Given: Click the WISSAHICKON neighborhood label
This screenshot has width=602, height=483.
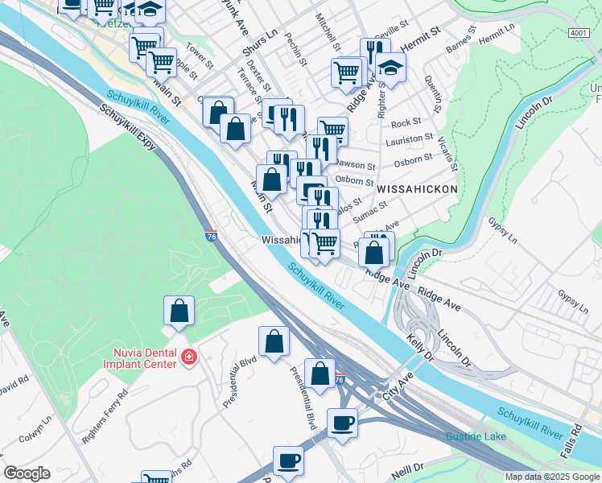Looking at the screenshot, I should [x=417, y=188].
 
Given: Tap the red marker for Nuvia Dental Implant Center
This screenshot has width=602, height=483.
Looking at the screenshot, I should [x=188, y=356].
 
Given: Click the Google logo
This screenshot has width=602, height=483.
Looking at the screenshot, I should [x=27, y=473].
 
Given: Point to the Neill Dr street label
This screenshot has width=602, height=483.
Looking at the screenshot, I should [x=407, y=469].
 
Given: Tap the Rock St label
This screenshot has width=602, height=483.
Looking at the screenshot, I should [x=406, y=122].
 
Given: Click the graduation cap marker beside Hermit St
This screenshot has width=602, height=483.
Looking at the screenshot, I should [x=390, y=68].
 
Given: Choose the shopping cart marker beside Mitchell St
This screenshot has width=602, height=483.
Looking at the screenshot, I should [x=348, y=72].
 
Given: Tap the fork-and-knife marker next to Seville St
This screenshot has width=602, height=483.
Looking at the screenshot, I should [x=375, y=51].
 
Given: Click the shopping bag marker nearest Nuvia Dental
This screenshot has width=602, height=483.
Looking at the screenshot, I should [x=179, y=310].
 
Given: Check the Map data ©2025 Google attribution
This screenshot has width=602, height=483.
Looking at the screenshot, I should [x=552, y=477].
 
